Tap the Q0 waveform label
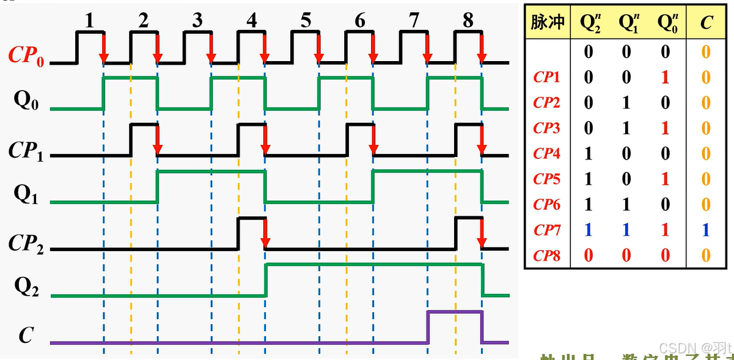click(x=26, y=101)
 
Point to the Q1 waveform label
click(x=26, y=194)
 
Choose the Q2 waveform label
click(x=26, y=288)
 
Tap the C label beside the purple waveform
click(x=26, y=335)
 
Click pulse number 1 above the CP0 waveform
click(x=89, y=21)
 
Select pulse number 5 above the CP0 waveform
click(x=306, y=21)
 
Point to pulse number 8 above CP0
click(x=468, y=21)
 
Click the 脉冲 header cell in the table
click(x=547, y=23)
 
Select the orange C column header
click(x=706, y=23)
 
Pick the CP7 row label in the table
click(x=546, y=230)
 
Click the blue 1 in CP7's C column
click(x=706, y=230)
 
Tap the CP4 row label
click(x=546, y=153)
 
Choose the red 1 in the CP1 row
click(x=666, y=77)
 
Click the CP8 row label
click(x=546, y=255)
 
